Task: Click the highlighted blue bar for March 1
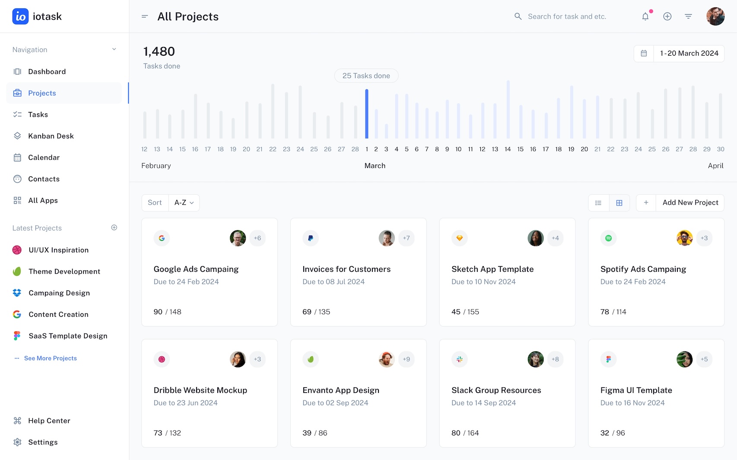point(367,113)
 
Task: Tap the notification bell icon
point(645,16)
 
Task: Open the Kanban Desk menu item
point(51,136)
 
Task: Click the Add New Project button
point(690,203)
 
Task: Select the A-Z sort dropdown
point(184,203)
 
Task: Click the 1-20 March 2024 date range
point(689,54)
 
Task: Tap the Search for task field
point(567,16)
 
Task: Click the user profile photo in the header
point(715,16)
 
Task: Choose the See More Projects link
point(50,358)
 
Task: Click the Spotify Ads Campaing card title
point(643,269)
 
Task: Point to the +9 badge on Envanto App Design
point(406,359)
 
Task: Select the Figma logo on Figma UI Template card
point(608,359)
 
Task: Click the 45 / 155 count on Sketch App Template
point(465,312)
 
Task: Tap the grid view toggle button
point(619,203)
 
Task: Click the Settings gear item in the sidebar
point(42,442)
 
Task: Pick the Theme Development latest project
point(64,271)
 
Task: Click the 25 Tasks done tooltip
point(366,76)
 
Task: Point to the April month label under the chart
point(715,166)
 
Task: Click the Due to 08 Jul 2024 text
point(333,282)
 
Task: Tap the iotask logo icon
point(20,16)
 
